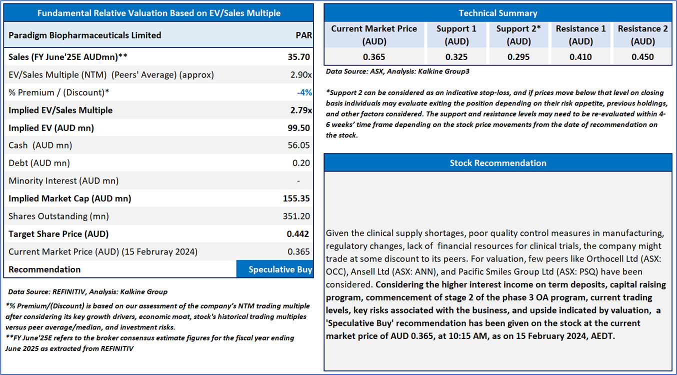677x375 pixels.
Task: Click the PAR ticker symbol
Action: point(303,35)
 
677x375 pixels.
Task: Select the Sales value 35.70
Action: point(299,57)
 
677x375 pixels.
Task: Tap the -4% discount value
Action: point(304,92)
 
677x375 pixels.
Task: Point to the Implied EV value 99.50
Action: point(299,128)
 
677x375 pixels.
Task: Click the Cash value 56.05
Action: point(299,145)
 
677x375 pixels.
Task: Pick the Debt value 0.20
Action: point(301,163)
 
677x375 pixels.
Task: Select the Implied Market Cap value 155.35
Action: point(296,198)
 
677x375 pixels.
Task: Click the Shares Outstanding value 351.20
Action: point(296,216)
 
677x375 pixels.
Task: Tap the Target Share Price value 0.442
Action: point(299,234)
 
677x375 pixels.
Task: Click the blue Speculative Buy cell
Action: point(274,269)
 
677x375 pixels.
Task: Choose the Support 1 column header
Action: point(456,35)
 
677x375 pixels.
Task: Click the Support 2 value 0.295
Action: point(518,57)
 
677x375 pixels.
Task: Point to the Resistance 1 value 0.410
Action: point(580,57)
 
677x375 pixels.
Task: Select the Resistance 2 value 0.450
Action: point(642,57)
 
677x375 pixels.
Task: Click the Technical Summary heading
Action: point(498,13)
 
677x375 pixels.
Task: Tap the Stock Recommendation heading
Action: point(498,163)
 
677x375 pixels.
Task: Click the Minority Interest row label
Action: point(63,181)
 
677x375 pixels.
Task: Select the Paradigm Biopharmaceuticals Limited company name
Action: point(85,35)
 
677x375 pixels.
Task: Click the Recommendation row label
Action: point(44,269)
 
